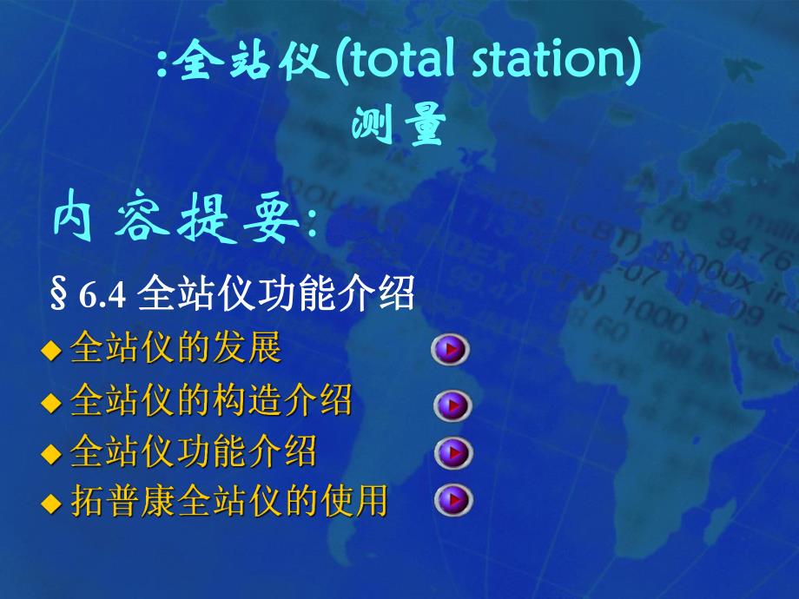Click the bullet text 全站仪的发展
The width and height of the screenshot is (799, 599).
pyautogui.click(x=176, y=349)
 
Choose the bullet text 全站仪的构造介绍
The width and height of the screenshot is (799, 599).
pyautogui.click(x=211, y=401)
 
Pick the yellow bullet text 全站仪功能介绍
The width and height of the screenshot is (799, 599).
pyautogui.click(x=194, y=452)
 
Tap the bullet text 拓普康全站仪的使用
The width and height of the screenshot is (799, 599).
pyautogui.click(x=228, y=503)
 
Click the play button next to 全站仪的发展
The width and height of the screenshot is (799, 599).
pyautogui.click(x=450, y=350)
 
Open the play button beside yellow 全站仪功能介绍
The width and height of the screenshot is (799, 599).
pyautogui.click(x=452, y=453)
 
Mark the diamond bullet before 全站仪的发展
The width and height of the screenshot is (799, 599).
pyautogui.click(x=52, y=351)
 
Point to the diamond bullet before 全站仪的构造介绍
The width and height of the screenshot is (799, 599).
pyautogui.click(x=52, y=403)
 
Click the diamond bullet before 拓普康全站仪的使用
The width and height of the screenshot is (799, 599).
pyautogui.click(x=52, y=504)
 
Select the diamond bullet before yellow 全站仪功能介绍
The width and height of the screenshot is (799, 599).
pyautogui.click(x=52, y=454)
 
